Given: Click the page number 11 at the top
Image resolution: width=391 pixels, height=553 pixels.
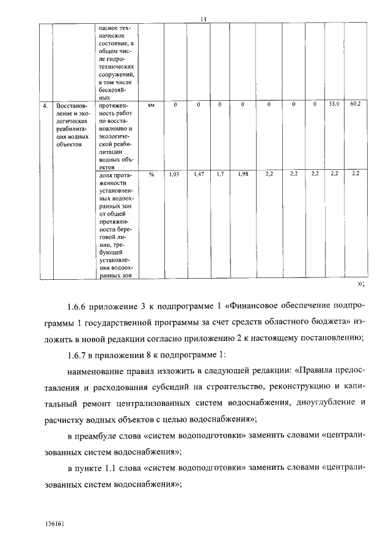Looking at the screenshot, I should [202, 19].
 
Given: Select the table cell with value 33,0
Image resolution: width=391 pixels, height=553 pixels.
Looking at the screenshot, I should [334, 104].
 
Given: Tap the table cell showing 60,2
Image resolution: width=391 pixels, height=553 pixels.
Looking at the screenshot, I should [356, 104].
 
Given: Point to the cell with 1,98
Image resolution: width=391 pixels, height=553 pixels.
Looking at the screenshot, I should [243, 175].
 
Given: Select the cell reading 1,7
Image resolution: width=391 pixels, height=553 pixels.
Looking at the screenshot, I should [220, 175].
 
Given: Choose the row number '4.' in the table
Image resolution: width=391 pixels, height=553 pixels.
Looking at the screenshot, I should [45, 105].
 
